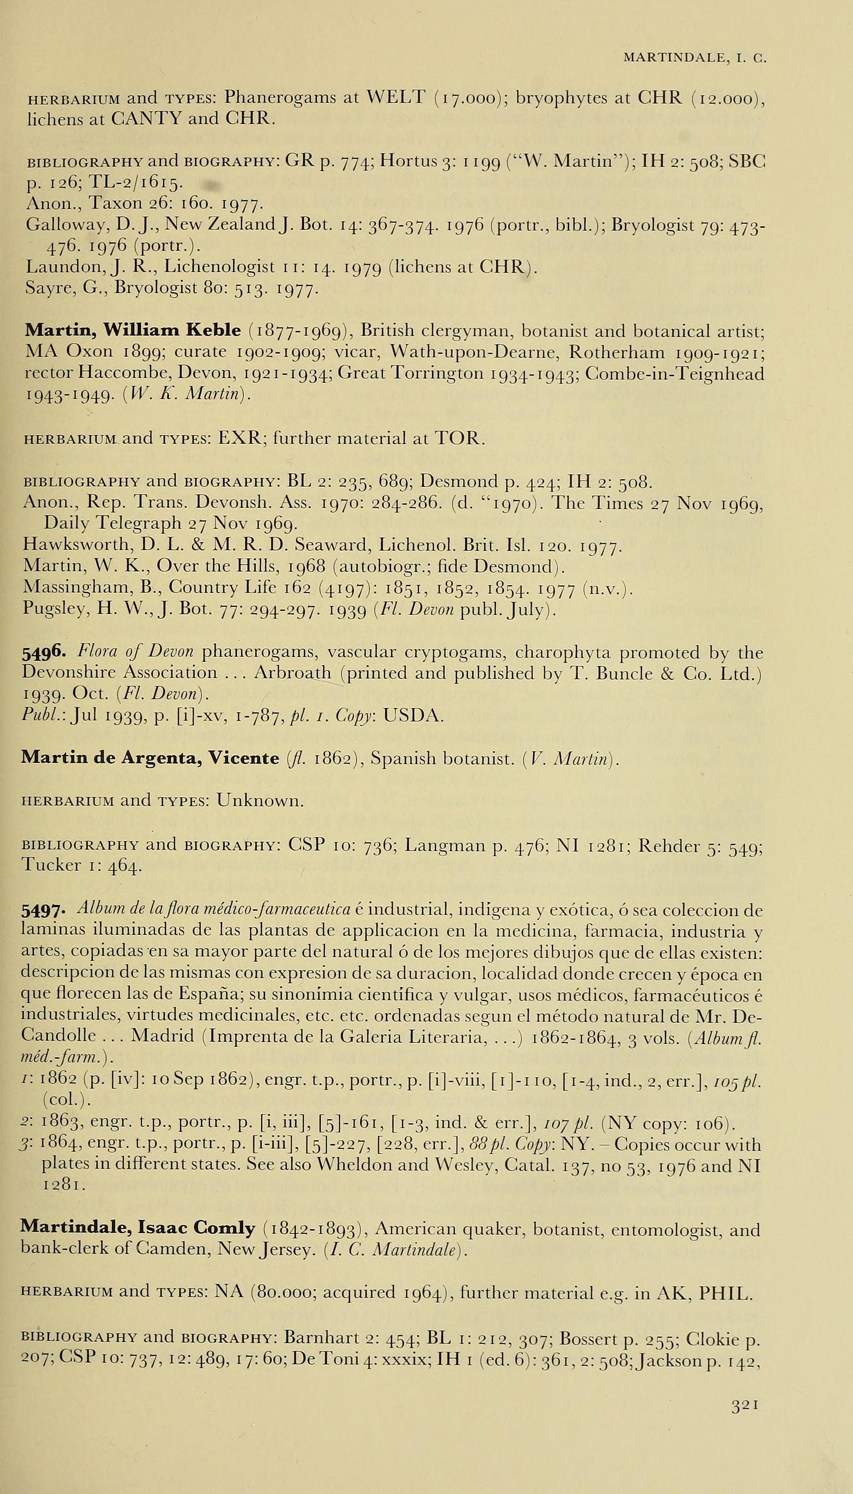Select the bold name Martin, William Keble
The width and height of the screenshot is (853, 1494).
click(132, 331)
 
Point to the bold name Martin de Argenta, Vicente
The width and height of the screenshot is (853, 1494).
click(150, 758)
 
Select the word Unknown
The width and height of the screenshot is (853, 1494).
click(260, 800)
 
